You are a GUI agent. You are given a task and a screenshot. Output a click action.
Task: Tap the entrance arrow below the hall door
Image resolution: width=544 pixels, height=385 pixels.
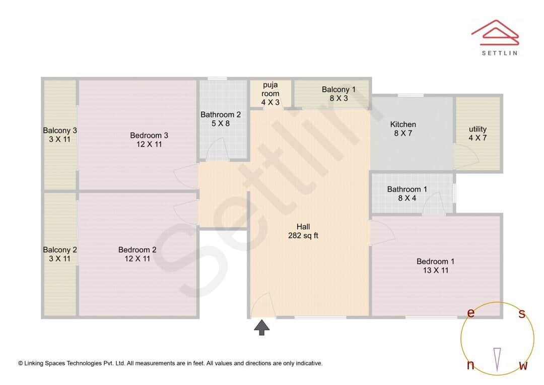tap(261, 327)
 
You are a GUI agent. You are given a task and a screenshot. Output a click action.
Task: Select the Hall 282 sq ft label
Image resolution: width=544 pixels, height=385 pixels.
tap(303, 231)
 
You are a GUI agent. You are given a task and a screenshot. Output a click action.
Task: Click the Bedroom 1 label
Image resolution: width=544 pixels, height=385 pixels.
tap(435, 266)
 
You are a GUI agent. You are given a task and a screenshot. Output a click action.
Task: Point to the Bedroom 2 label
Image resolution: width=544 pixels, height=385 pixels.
tap(137, 254)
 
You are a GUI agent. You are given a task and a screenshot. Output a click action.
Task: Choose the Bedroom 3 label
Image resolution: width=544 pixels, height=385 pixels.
tap(149, 140)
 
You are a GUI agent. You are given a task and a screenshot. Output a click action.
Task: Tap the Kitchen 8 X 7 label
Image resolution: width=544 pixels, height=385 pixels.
tap(403, 129)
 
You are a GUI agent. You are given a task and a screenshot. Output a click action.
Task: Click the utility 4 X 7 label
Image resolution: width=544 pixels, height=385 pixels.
tap(478, 133)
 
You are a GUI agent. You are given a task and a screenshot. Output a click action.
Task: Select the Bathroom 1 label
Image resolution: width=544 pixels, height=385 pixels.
tap(407, 194)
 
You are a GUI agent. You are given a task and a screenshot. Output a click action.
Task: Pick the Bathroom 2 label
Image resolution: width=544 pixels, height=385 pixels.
tap(221, 118)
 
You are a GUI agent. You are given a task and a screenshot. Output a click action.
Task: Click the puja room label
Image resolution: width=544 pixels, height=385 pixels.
tap(270, 94)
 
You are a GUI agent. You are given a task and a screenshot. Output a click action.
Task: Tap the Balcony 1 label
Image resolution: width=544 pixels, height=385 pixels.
tap(338, 94)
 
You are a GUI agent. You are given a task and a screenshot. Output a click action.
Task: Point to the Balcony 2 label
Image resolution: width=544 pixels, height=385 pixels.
tap(60, 254)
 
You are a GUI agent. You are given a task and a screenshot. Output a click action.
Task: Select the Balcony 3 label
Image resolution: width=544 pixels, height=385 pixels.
tap(60, 135)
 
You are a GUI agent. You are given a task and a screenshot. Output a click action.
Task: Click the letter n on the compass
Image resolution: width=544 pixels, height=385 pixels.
tap(470, 365)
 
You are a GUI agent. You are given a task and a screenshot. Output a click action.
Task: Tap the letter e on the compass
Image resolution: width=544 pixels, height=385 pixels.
tap(470, 313)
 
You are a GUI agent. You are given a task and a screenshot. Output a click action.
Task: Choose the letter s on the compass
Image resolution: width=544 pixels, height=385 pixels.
tap(522, 314)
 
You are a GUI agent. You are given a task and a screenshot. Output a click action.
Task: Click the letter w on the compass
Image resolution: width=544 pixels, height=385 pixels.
tap(523, 366)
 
